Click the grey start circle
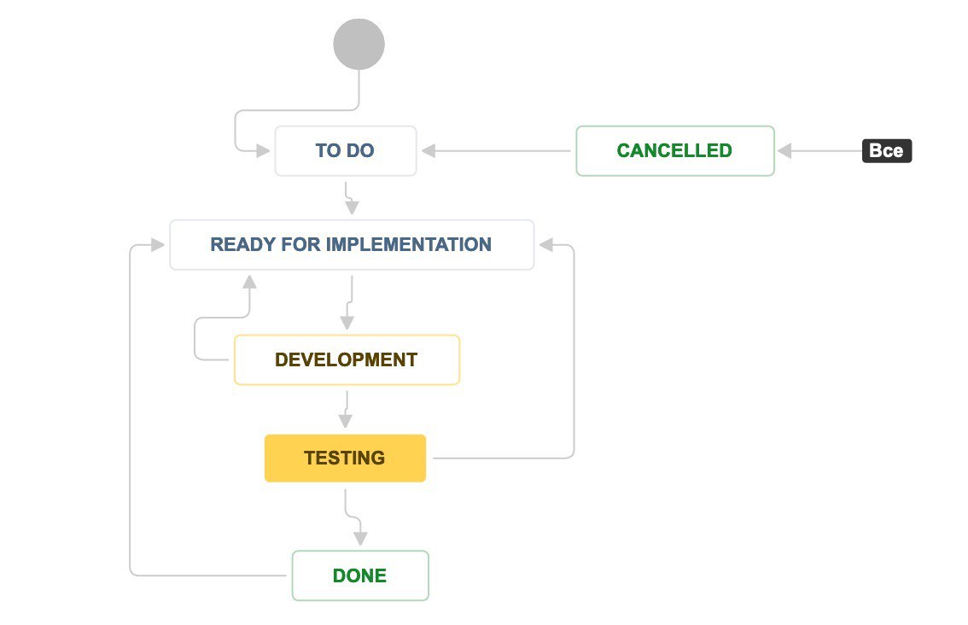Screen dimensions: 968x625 pos(359,44)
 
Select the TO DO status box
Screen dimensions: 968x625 pos(346,150)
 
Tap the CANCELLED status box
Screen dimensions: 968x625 pos(674,150)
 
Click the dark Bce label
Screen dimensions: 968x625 pos(887,150)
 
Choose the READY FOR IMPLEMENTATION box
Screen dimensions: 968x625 pos(352,244)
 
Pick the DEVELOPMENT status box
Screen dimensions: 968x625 pos(347,359)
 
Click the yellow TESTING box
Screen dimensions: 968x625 pos(345,458)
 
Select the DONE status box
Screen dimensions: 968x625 pos(360,575)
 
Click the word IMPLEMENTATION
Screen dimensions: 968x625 pos(408,244)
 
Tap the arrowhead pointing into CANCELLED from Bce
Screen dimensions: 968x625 pos(784,150)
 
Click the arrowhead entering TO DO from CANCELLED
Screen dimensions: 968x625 pos(429,150)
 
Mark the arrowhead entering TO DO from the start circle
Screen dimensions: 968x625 pos(263,150)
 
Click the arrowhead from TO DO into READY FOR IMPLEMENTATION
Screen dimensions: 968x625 pos(352,207)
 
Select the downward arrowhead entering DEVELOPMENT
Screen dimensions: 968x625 pos(347,323)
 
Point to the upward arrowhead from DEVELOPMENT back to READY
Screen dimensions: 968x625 pos(249,283)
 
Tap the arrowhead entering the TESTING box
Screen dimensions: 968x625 pos(346,421)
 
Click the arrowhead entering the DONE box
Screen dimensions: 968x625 pos(360,539)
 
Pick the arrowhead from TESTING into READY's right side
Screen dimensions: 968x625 pos(545,245)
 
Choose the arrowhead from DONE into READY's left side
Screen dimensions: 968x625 pos(157,245)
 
